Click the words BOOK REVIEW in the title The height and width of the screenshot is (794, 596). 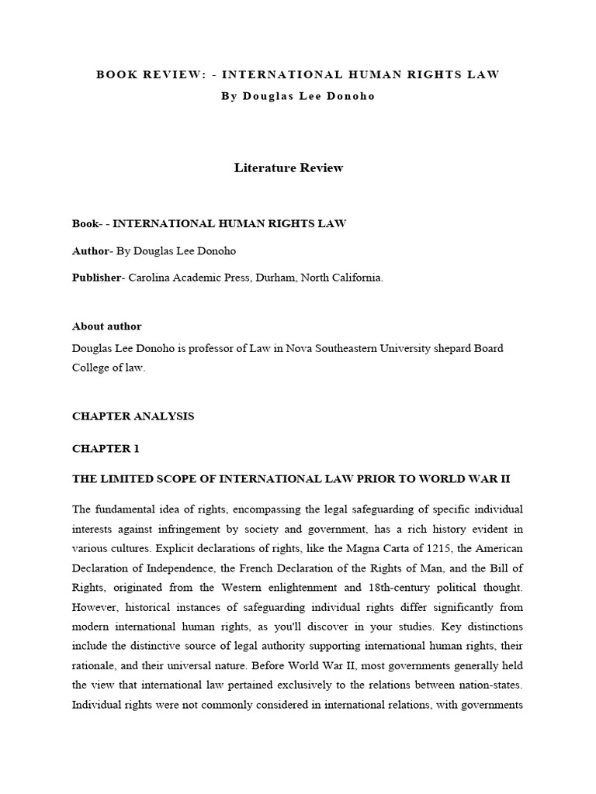151,74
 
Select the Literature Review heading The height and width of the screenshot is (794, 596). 288,167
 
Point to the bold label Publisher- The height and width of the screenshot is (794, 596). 99,278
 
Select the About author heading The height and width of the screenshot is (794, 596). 106,326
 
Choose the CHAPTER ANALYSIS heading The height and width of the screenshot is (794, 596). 133,416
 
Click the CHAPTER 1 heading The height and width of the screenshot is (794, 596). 103,448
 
